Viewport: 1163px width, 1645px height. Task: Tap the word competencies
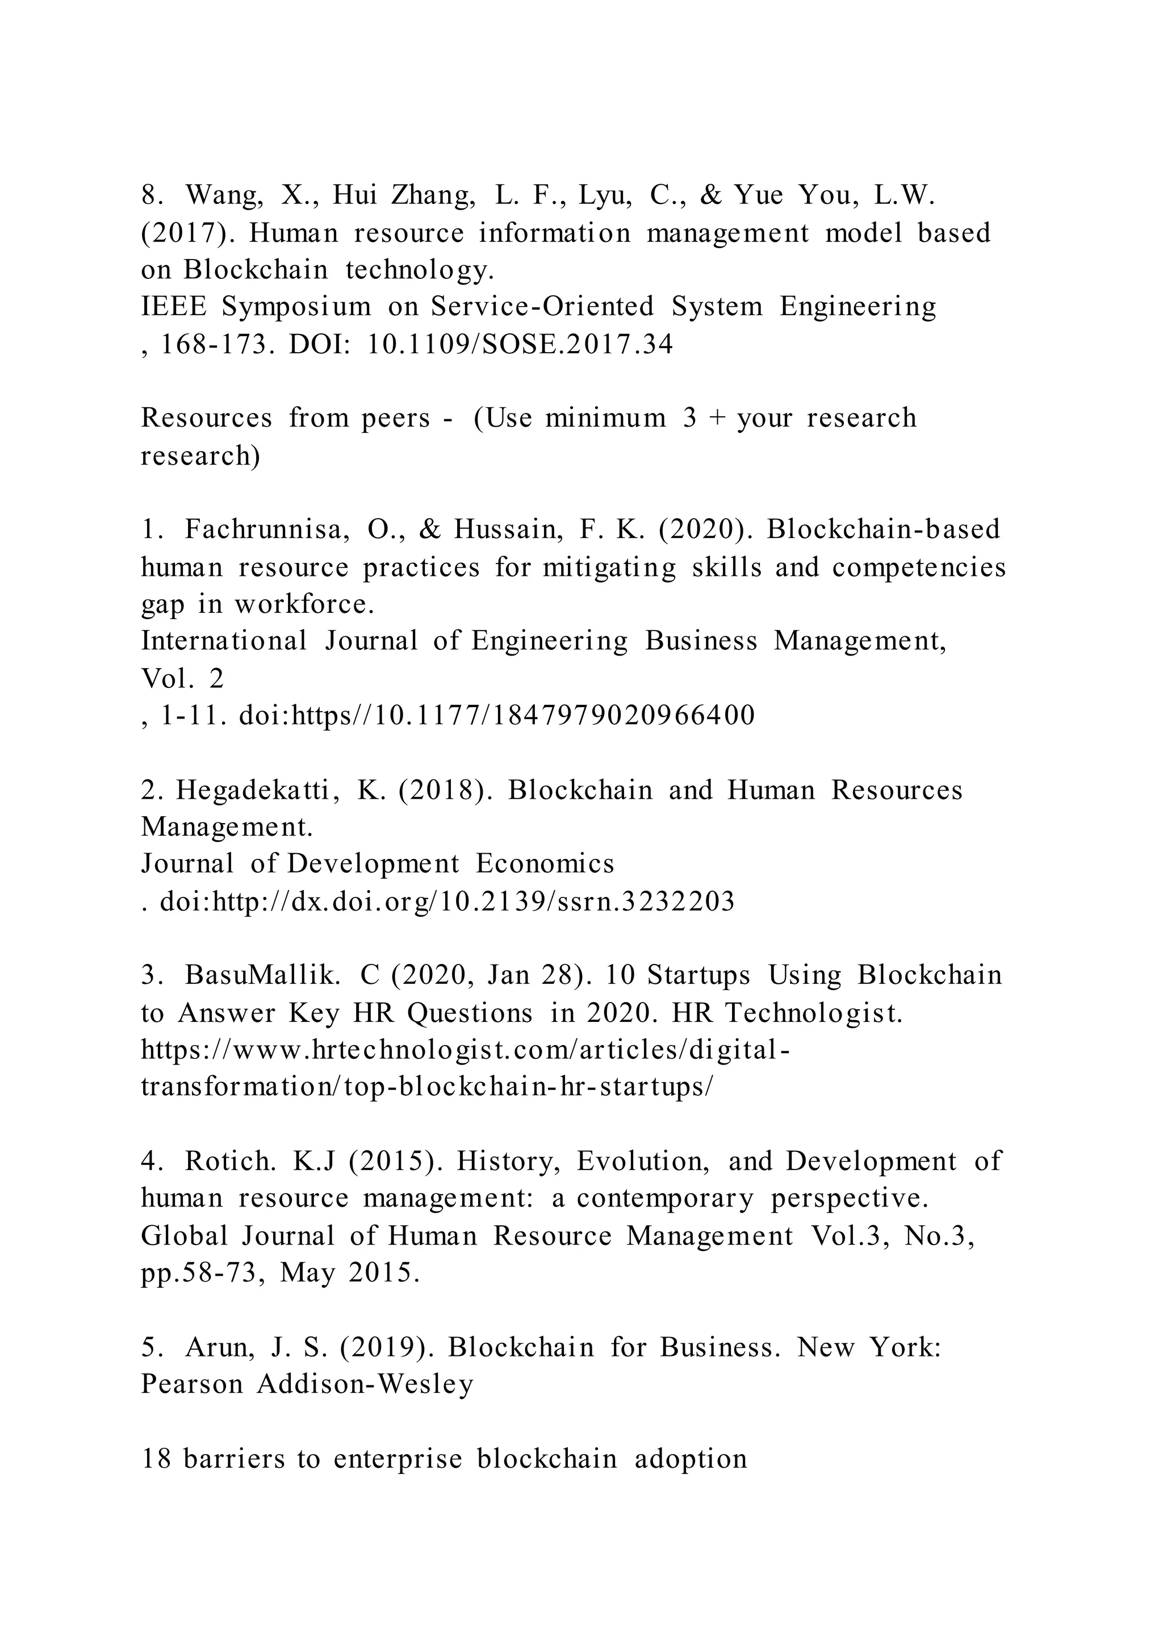tap(919, 567)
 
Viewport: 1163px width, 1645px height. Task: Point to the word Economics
tap(544, 864)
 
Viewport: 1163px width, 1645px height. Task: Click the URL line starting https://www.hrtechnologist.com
tap(466, 1050)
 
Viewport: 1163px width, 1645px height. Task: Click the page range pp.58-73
tap(198, 1272)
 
